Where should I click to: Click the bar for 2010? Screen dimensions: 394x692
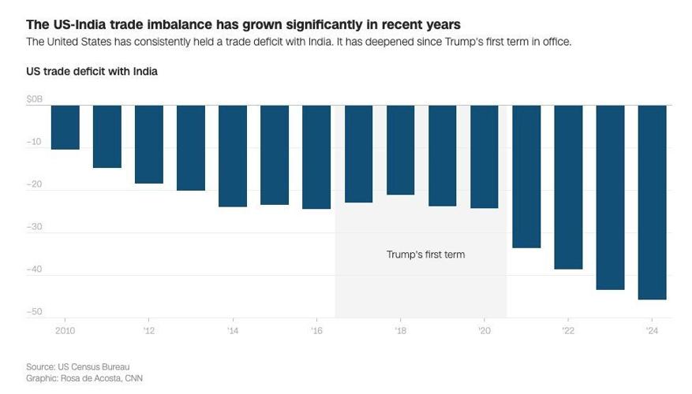[x=65, y=127]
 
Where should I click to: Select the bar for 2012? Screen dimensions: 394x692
[x=149, y=144]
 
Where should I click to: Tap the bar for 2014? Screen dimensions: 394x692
[x=233, y=156]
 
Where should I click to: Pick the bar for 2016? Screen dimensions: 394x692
[x=316, y=157]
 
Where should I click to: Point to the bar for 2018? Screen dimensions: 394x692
[x=400, y=150]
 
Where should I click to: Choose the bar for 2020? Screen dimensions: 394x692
[x=484, y=157]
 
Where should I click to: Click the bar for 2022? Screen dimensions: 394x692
[x=568, y=187]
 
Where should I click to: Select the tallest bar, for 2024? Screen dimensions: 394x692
[x=652, y=202]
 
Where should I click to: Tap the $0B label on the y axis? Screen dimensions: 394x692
[x=35, y=99]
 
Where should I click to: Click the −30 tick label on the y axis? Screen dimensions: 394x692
[x=35, y=227]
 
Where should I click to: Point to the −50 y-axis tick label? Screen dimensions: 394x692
[x=35, y=312]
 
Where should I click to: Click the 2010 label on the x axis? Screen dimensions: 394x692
[x=65, y=330]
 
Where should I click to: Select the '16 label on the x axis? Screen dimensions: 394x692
[x=316, y=330]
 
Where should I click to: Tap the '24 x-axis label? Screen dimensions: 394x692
[x=652, y=330]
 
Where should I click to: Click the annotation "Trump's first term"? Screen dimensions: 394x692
[x=425, y=255]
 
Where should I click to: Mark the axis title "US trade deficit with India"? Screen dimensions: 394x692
[x=92, y=72]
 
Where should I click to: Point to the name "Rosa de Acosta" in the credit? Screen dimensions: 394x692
[x=89, y=378]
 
